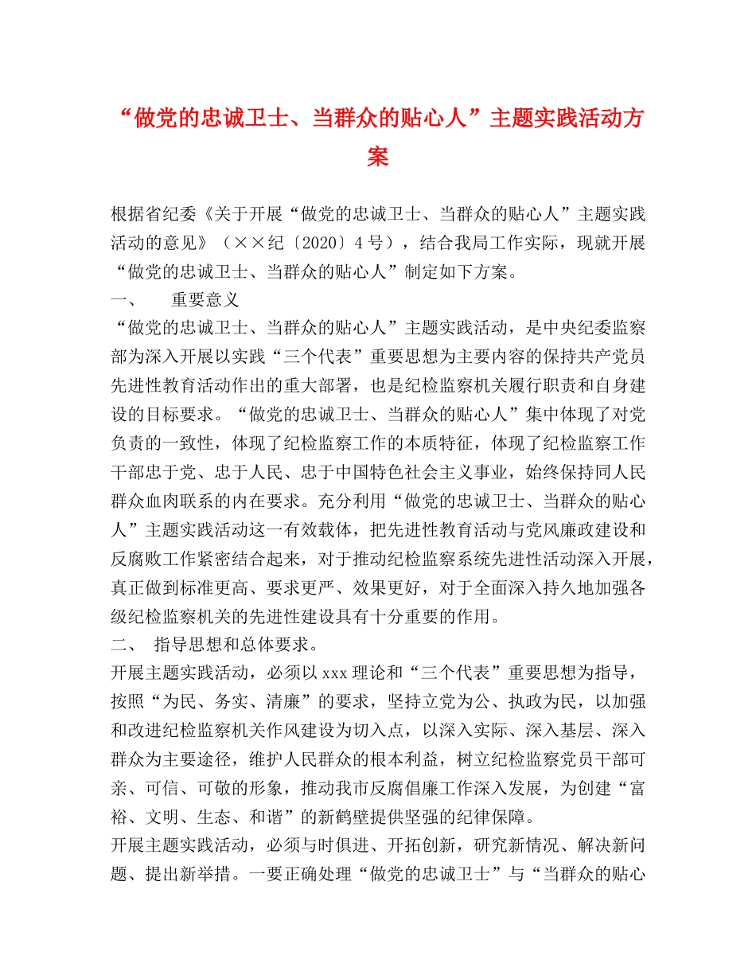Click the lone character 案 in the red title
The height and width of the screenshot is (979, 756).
pos(378,157)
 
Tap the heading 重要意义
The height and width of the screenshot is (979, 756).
pos(205,300)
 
